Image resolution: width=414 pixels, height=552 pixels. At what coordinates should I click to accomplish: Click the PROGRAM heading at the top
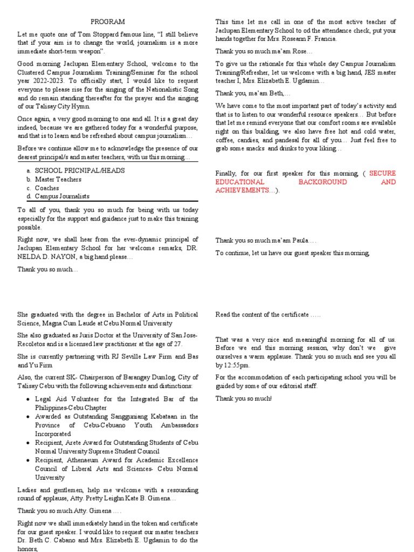[107, 22]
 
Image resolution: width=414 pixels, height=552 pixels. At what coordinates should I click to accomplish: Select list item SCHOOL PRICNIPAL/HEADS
[80, 170]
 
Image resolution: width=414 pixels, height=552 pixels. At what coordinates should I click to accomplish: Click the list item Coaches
[48, 188]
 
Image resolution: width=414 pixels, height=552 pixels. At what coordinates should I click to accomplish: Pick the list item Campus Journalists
[62, 196]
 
